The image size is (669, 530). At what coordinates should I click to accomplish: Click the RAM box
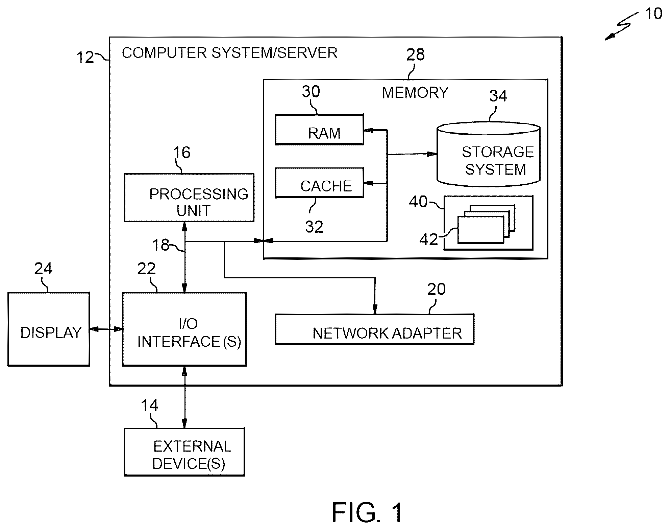click(x=319, y=130)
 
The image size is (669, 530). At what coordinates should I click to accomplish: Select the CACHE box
click(x=319, y=183)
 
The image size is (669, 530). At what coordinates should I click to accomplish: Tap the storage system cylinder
click(x=489, y=154)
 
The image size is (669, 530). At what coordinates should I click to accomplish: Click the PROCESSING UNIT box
click(x=189, y=198)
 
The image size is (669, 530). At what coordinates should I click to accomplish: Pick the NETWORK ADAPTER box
click(x=375, y=329)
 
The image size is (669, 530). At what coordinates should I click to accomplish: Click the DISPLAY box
click(x=49, y=329)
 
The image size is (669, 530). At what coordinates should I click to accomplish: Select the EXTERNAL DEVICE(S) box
click(x=184, y=452)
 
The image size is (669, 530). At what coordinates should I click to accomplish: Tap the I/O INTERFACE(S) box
click(x=184, y=329)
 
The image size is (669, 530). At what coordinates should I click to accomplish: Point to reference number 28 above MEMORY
click(x=415, y=54)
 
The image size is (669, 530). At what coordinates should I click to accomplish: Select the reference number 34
click(x=498, y=96)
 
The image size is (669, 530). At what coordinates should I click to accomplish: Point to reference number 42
click(x=428, y=240)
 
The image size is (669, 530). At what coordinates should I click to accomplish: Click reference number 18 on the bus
click(x=160, y=245)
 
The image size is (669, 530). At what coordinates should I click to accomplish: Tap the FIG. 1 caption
click(x=367, y=512)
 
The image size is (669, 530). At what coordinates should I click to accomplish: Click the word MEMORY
click(x=415, y=93)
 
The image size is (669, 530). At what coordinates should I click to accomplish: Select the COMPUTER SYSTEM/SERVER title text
click(x=230, y=53)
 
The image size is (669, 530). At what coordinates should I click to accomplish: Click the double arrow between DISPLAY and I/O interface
click(x=106, y=329)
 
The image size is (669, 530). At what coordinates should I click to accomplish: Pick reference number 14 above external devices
click(x=149, y=406)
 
